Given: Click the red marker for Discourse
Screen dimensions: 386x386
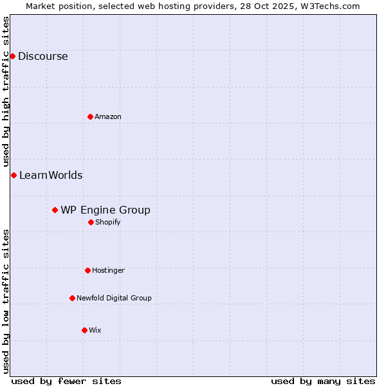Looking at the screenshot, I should [x=12, y=56].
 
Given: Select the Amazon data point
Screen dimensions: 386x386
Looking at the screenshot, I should [x=90, y=116].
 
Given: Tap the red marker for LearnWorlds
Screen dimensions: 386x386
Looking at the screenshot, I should [x=14, y=175].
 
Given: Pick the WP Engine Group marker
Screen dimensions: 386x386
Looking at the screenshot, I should [x=55, y=210].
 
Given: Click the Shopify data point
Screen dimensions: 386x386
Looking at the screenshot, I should [x=91, y=222].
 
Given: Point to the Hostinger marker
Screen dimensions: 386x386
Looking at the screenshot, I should [x=87, y=270].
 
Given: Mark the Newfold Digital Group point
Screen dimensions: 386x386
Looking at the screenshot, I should [x=72, y=298].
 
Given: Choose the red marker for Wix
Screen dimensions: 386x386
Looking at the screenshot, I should [x=84, y=330].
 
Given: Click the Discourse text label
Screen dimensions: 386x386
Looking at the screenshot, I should [x=42, y=56].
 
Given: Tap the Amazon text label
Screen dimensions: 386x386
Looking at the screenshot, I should [x=108, y=116].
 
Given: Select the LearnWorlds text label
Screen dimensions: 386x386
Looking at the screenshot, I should [x=51, y=175].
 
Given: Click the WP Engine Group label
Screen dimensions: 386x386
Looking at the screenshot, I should [x=106, y=210].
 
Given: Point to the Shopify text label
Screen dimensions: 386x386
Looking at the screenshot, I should [x=107, y=222].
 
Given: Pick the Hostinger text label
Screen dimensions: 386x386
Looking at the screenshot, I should [x=108, y=270].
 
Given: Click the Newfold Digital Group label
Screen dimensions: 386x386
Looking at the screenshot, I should [x=114, y=298].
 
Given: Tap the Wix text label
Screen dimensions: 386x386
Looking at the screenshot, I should [x=95, y=330].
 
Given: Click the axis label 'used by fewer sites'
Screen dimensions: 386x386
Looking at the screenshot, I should [x=66, y=381].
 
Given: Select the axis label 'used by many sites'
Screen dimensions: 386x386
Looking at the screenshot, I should [x=323, y=381].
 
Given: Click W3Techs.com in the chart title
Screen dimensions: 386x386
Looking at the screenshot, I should [x=328, y=6].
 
